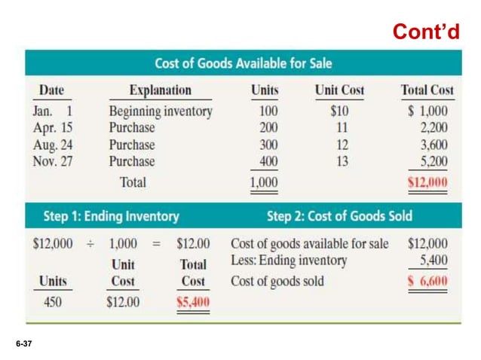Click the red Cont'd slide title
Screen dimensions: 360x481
click(425, 32)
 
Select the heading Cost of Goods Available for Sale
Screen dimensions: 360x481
click(243, 64)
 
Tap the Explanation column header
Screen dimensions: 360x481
click(160, 90)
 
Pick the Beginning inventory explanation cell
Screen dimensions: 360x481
click(161, 111)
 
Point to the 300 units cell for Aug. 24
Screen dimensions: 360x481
click(268, 145)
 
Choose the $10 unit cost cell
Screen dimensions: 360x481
click(339, 111)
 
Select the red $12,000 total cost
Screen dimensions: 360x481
click(427, 182)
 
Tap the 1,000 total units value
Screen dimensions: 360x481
click(264, 182)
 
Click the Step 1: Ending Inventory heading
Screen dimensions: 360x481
click(112, 216)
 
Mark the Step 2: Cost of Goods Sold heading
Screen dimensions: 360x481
click(339, 216)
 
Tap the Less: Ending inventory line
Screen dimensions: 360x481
click(289, 261)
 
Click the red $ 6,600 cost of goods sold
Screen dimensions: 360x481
click(427, 282)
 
